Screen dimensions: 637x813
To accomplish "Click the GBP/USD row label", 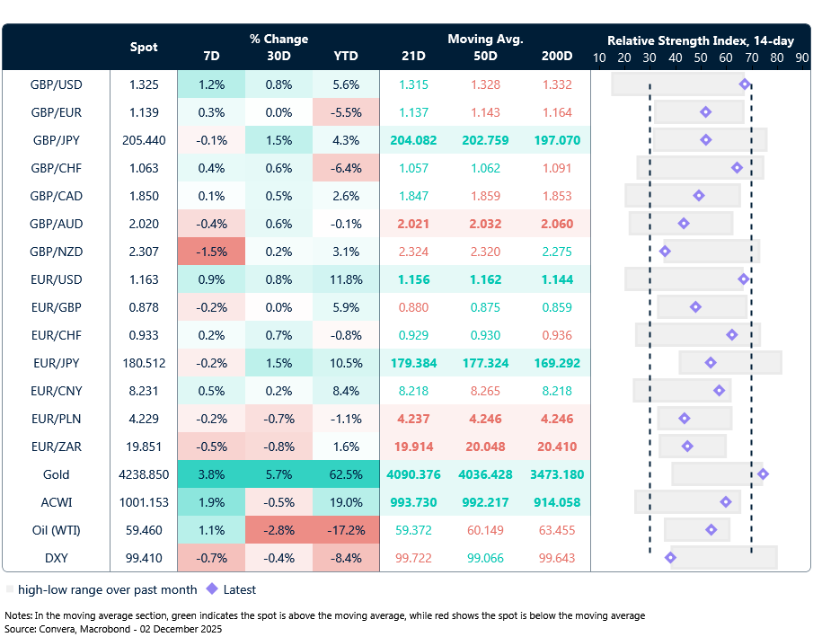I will (x=56, y=84).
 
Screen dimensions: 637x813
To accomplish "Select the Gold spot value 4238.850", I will (x=144, y=474).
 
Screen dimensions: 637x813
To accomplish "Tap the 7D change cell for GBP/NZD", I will (x=211, y=252).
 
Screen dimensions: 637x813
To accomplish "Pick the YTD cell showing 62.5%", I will (x=346, y=474).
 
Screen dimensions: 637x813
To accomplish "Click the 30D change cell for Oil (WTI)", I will (x=278, y=530).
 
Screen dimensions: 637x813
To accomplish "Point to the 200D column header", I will (x=557, y=56).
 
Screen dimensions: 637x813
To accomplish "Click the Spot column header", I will (x=144, y=47).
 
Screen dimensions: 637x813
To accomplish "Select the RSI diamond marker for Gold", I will (x=763, y=473).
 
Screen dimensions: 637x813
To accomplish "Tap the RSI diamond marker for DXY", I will (x=670, y=558).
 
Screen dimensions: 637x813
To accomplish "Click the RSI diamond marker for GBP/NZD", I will (x=665, y=252).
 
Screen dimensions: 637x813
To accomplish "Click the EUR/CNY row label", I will (x=56, y=391).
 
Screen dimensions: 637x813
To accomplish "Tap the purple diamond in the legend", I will (x=212, y=589).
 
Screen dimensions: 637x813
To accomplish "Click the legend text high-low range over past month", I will (x=101, y=590).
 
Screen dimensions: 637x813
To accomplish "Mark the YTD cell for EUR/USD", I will (x=346, y=279).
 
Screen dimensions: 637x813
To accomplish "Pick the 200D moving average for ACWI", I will (x=557, y=502).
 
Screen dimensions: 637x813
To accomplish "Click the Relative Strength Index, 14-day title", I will (x=701, y=40).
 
